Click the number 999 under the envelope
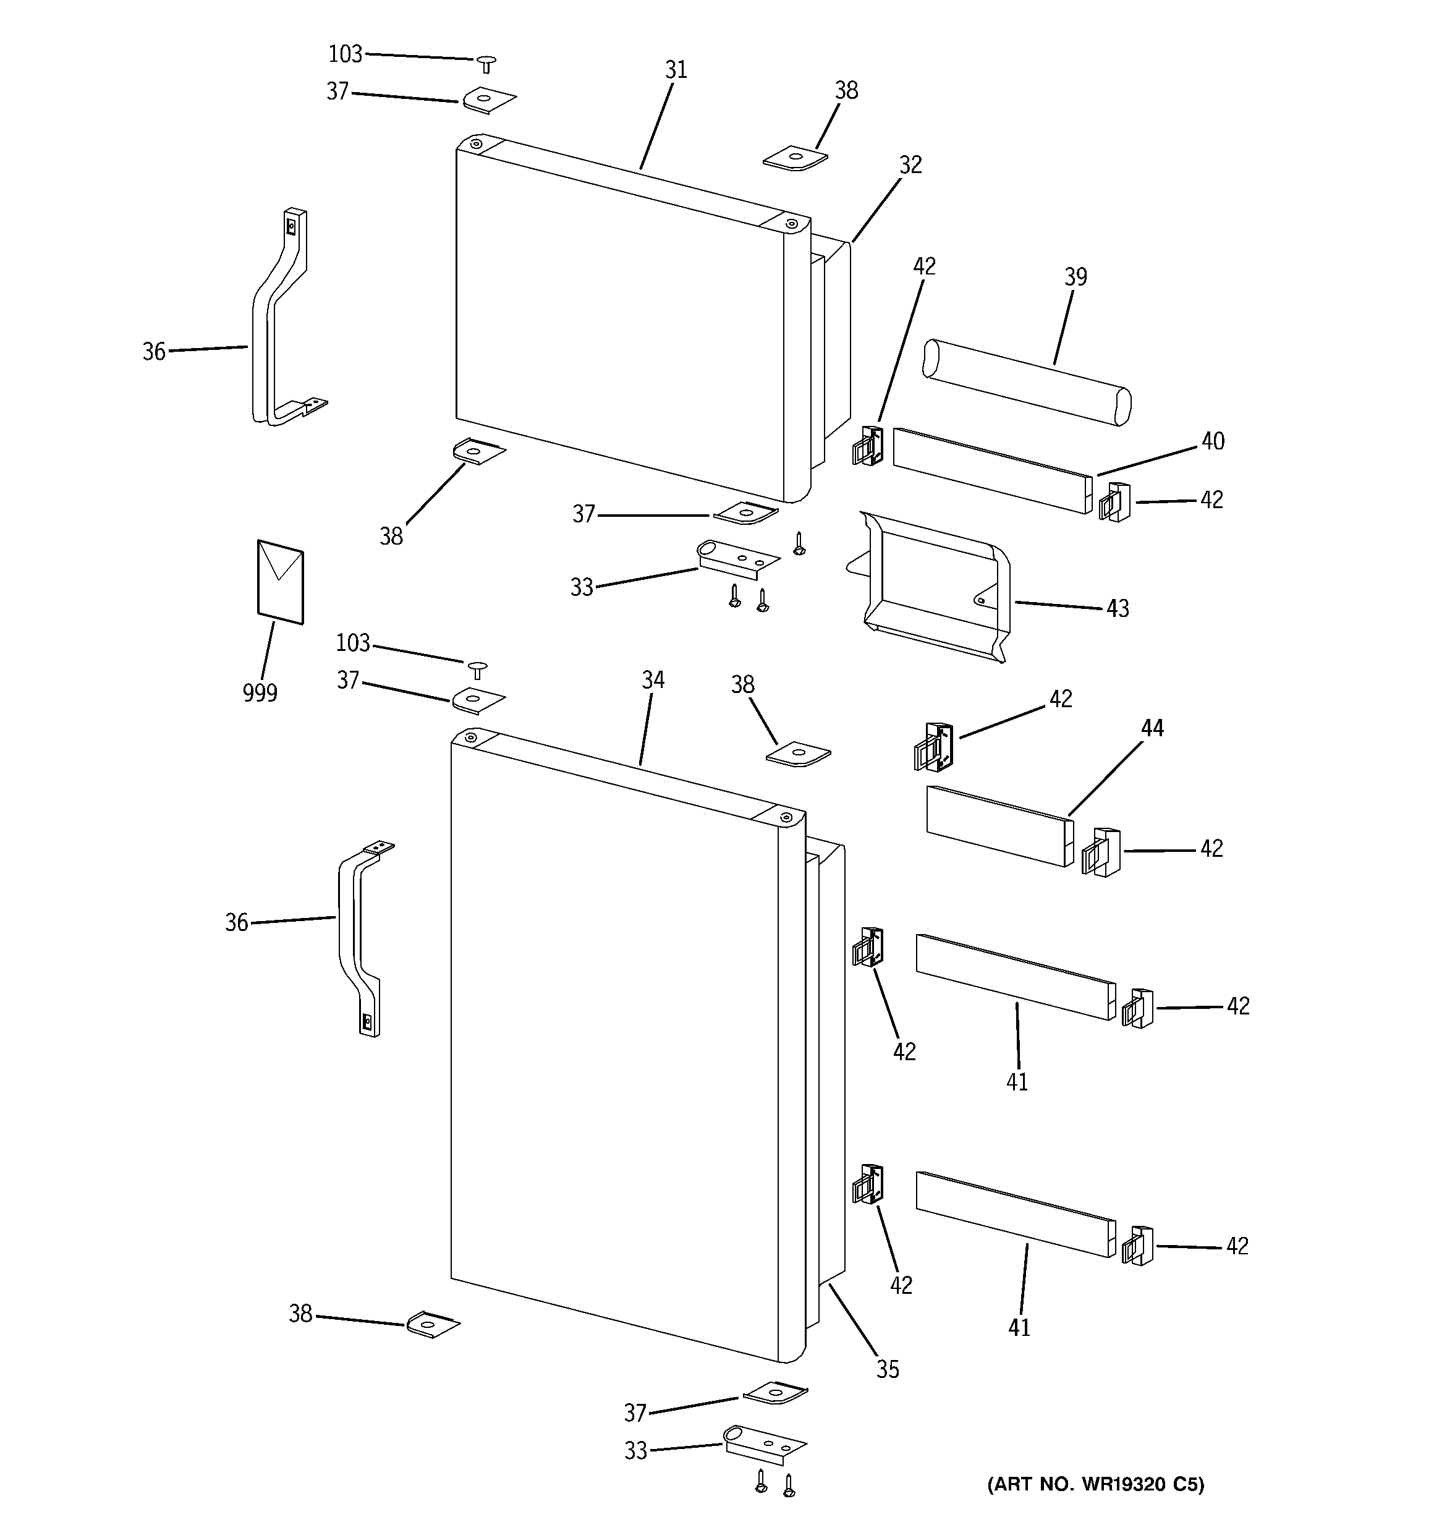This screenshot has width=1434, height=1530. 260,694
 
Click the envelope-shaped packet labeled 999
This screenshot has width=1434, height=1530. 280,582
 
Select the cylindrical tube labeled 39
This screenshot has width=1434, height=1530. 1027,383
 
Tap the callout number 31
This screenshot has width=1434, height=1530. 676,70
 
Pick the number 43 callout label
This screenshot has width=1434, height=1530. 1117,609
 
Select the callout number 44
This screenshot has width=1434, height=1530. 1152,728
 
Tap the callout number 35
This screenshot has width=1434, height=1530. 888,1369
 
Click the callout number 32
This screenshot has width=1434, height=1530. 910,164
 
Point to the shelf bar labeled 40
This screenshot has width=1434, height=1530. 991,470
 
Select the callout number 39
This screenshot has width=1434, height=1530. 1075,277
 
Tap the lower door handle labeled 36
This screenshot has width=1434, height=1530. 358,939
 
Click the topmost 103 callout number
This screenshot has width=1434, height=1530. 345,54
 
